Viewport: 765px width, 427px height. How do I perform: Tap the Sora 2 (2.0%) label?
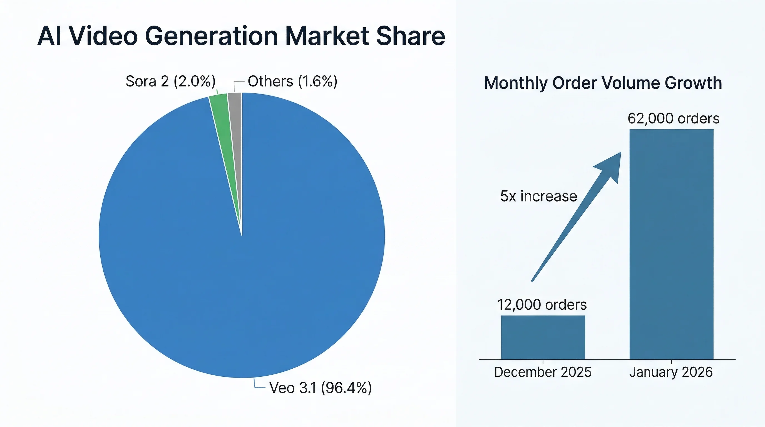(x=170, y=81)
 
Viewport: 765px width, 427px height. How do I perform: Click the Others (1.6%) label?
(x=292, y=81)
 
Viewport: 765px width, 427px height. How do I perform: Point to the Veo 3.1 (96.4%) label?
(x=320, y=388)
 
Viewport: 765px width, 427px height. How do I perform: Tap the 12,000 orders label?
(x=542, y=305)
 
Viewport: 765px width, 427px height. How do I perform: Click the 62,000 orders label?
(x=673, y=118)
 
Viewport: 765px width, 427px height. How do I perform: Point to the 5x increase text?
(x=538, y=196)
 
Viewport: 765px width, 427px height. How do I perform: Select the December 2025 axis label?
(x=543, y=372)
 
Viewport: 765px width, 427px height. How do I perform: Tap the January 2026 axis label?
(x=671, y=372)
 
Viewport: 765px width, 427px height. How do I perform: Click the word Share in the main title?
(x=410, y=36)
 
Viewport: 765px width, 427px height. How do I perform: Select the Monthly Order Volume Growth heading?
(x=603, y=83)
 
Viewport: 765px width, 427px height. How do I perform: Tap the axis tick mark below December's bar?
(x=543, y=362)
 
